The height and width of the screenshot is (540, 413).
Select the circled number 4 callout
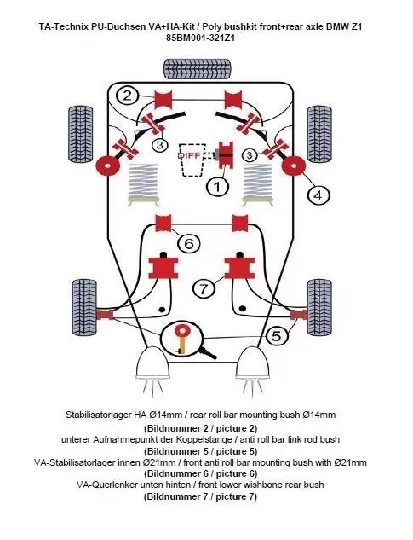318,195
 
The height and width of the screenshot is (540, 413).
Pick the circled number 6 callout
190,243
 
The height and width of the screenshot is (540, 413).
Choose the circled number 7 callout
203,289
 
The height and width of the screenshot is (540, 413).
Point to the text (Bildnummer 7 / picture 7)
201,497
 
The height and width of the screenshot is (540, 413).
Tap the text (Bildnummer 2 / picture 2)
201,427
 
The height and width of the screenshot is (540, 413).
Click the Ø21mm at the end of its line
351,462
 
